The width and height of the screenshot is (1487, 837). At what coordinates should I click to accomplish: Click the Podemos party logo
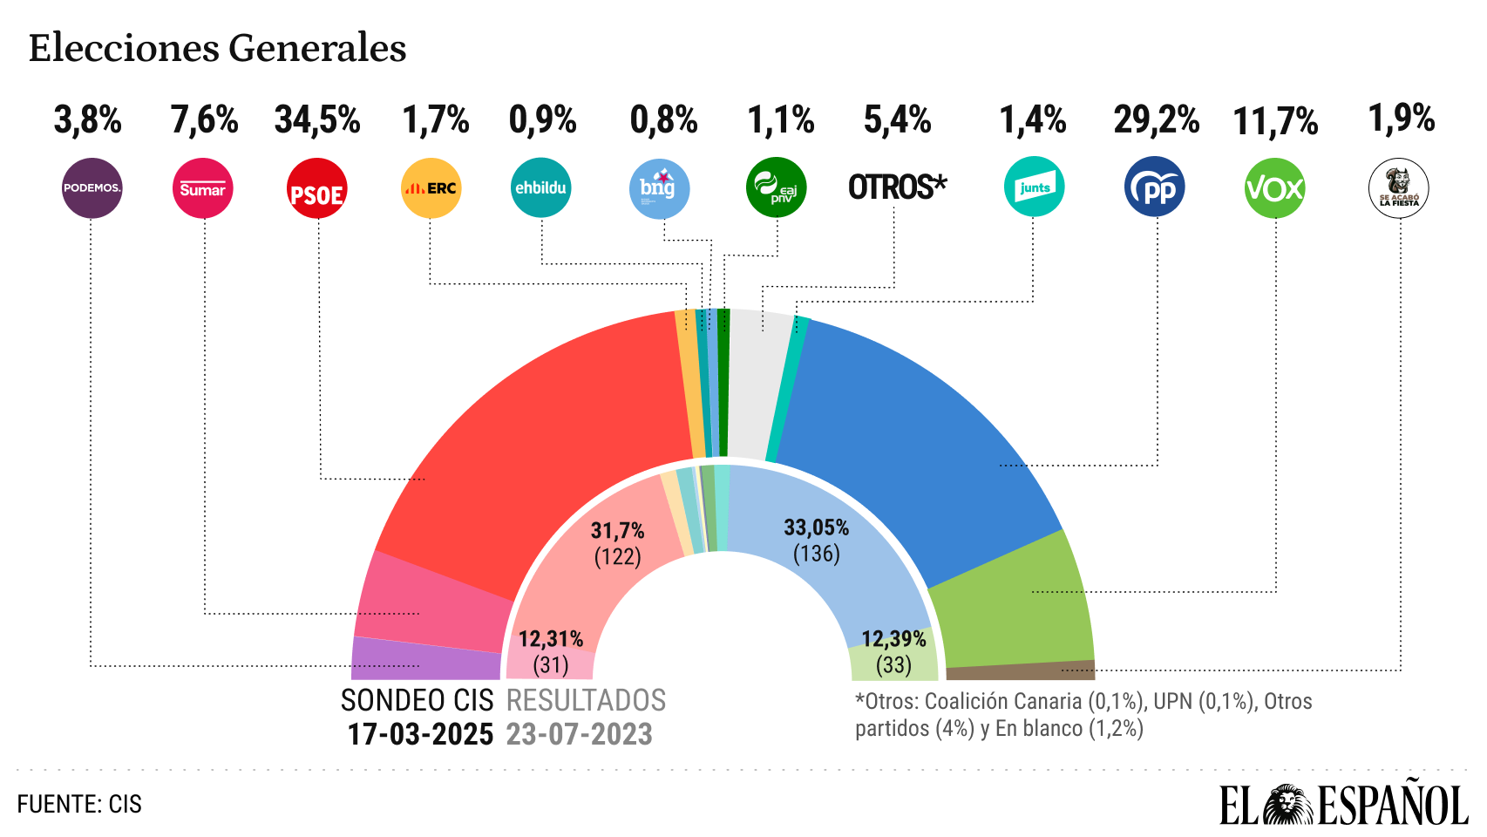[92, 187]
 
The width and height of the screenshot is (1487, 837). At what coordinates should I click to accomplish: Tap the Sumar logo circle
[202, 187]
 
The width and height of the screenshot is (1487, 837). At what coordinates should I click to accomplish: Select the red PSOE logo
[316, 187]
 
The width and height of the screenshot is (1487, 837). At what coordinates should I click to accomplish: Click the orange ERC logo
[431, 187]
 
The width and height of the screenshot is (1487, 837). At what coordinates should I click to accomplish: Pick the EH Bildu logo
[541, 187]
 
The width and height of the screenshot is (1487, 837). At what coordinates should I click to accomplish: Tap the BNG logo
[659, 187]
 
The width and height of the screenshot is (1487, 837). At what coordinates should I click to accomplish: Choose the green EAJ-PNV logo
[776, 187]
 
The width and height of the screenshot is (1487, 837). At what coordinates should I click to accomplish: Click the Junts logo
[1034, 187]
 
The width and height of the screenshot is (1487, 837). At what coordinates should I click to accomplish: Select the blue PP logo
[1155, 187]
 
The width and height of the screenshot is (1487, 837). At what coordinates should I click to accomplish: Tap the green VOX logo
[1274, 187]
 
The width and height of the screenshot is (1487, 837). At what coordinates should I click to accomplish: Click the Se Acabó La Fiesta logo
[1398, 187]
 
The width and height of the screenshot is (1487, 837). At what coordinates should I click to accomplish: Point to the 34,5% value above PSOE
[317, 120]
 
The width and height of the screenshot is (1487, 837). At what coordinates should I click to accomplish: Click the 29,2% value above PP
[1156, 120]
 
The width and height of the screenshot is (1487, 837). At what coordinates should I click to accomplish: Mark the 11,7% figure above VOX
[1275, 122]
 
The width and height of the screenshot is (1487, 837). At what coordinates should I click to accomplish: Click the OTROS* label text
[897, 187]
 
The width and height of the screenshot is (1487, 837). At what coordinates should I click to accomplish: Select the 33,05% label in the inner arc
[816, 527]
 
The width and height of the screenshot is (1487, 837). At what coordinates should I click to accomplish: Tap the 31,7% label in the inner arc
[617, 530]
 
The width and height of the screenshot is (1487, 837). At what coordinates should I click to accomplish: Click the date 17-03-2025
[420, 734]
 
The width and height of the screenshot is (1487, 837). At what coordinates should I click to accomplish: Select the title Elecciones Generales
[218, 48]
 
